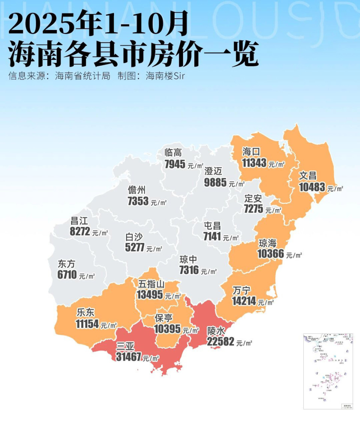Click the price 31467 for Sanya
(x=128, y=357)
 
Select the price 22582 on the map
(x=220, y=342)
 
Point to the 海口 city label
(x=251, y=152)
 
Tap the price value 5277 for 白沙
(x=135, y=248)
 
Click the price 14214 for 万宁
(x=244, y=301)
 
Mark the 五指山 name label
(x=151, y=284)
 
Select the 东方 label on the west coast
(x=66, y=264)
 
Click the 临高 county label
(x=173, y=152)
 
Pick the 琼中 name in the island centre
(x=188, y=259)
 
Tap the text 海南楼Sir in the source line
(x=165, y=76)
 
